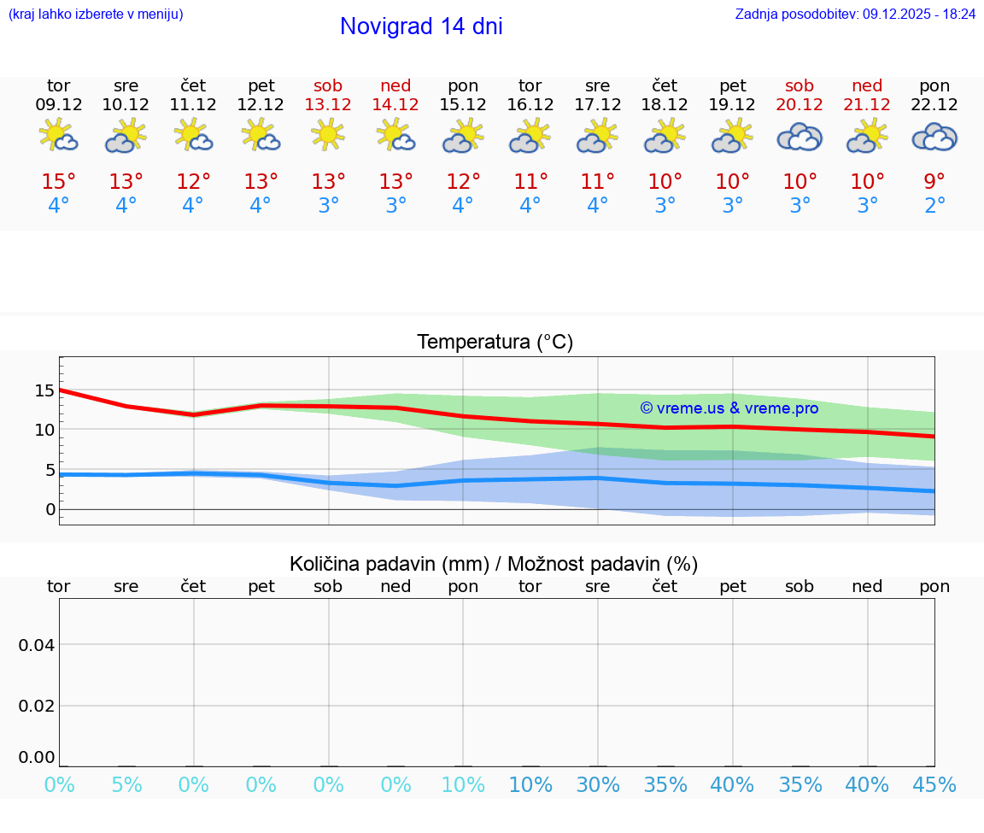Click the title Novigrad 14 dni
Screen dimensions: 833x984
[x=421, y=26]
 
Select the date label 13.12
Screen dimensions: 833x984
[x=328, y=105]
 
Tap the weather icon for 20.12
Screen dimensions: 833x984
[x=799, y=138]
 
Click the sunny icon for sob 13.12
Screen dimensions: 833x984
[x=328, y=135]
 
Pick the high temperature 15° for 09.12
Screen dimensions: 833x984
[x=59, y=182]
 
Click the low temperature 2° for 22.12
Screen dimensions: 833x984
[x=934, y=206]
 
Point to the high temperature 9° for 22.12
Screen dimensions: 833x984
[x=934, y=182]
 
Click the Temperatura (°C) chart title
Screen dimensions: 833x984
[x=495, y=343]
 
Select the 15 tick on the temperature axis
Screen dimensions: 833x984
[x=44, y=390]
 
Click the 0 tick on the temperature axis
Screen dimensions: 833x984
[x=50, y=510]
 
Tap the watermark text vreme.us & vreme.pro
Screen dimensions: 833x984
[x=729, y=408]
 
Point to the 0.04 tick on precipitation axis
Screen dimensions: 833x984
[x=37, y=645]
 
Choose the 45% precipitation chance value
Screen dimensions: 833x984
[x=934, y=785]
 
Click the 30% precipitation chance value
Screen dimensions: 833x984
[x=597, y=785]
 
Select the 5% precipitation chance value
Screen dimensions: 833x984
[x=126, y=785]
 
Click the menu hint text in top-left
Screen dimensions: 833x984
[x=96, y=14]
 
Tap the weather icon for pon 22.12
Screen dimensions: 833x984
[x=934, y=138]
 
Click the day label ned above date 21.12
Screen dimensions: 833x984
[x=867, y=86]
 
